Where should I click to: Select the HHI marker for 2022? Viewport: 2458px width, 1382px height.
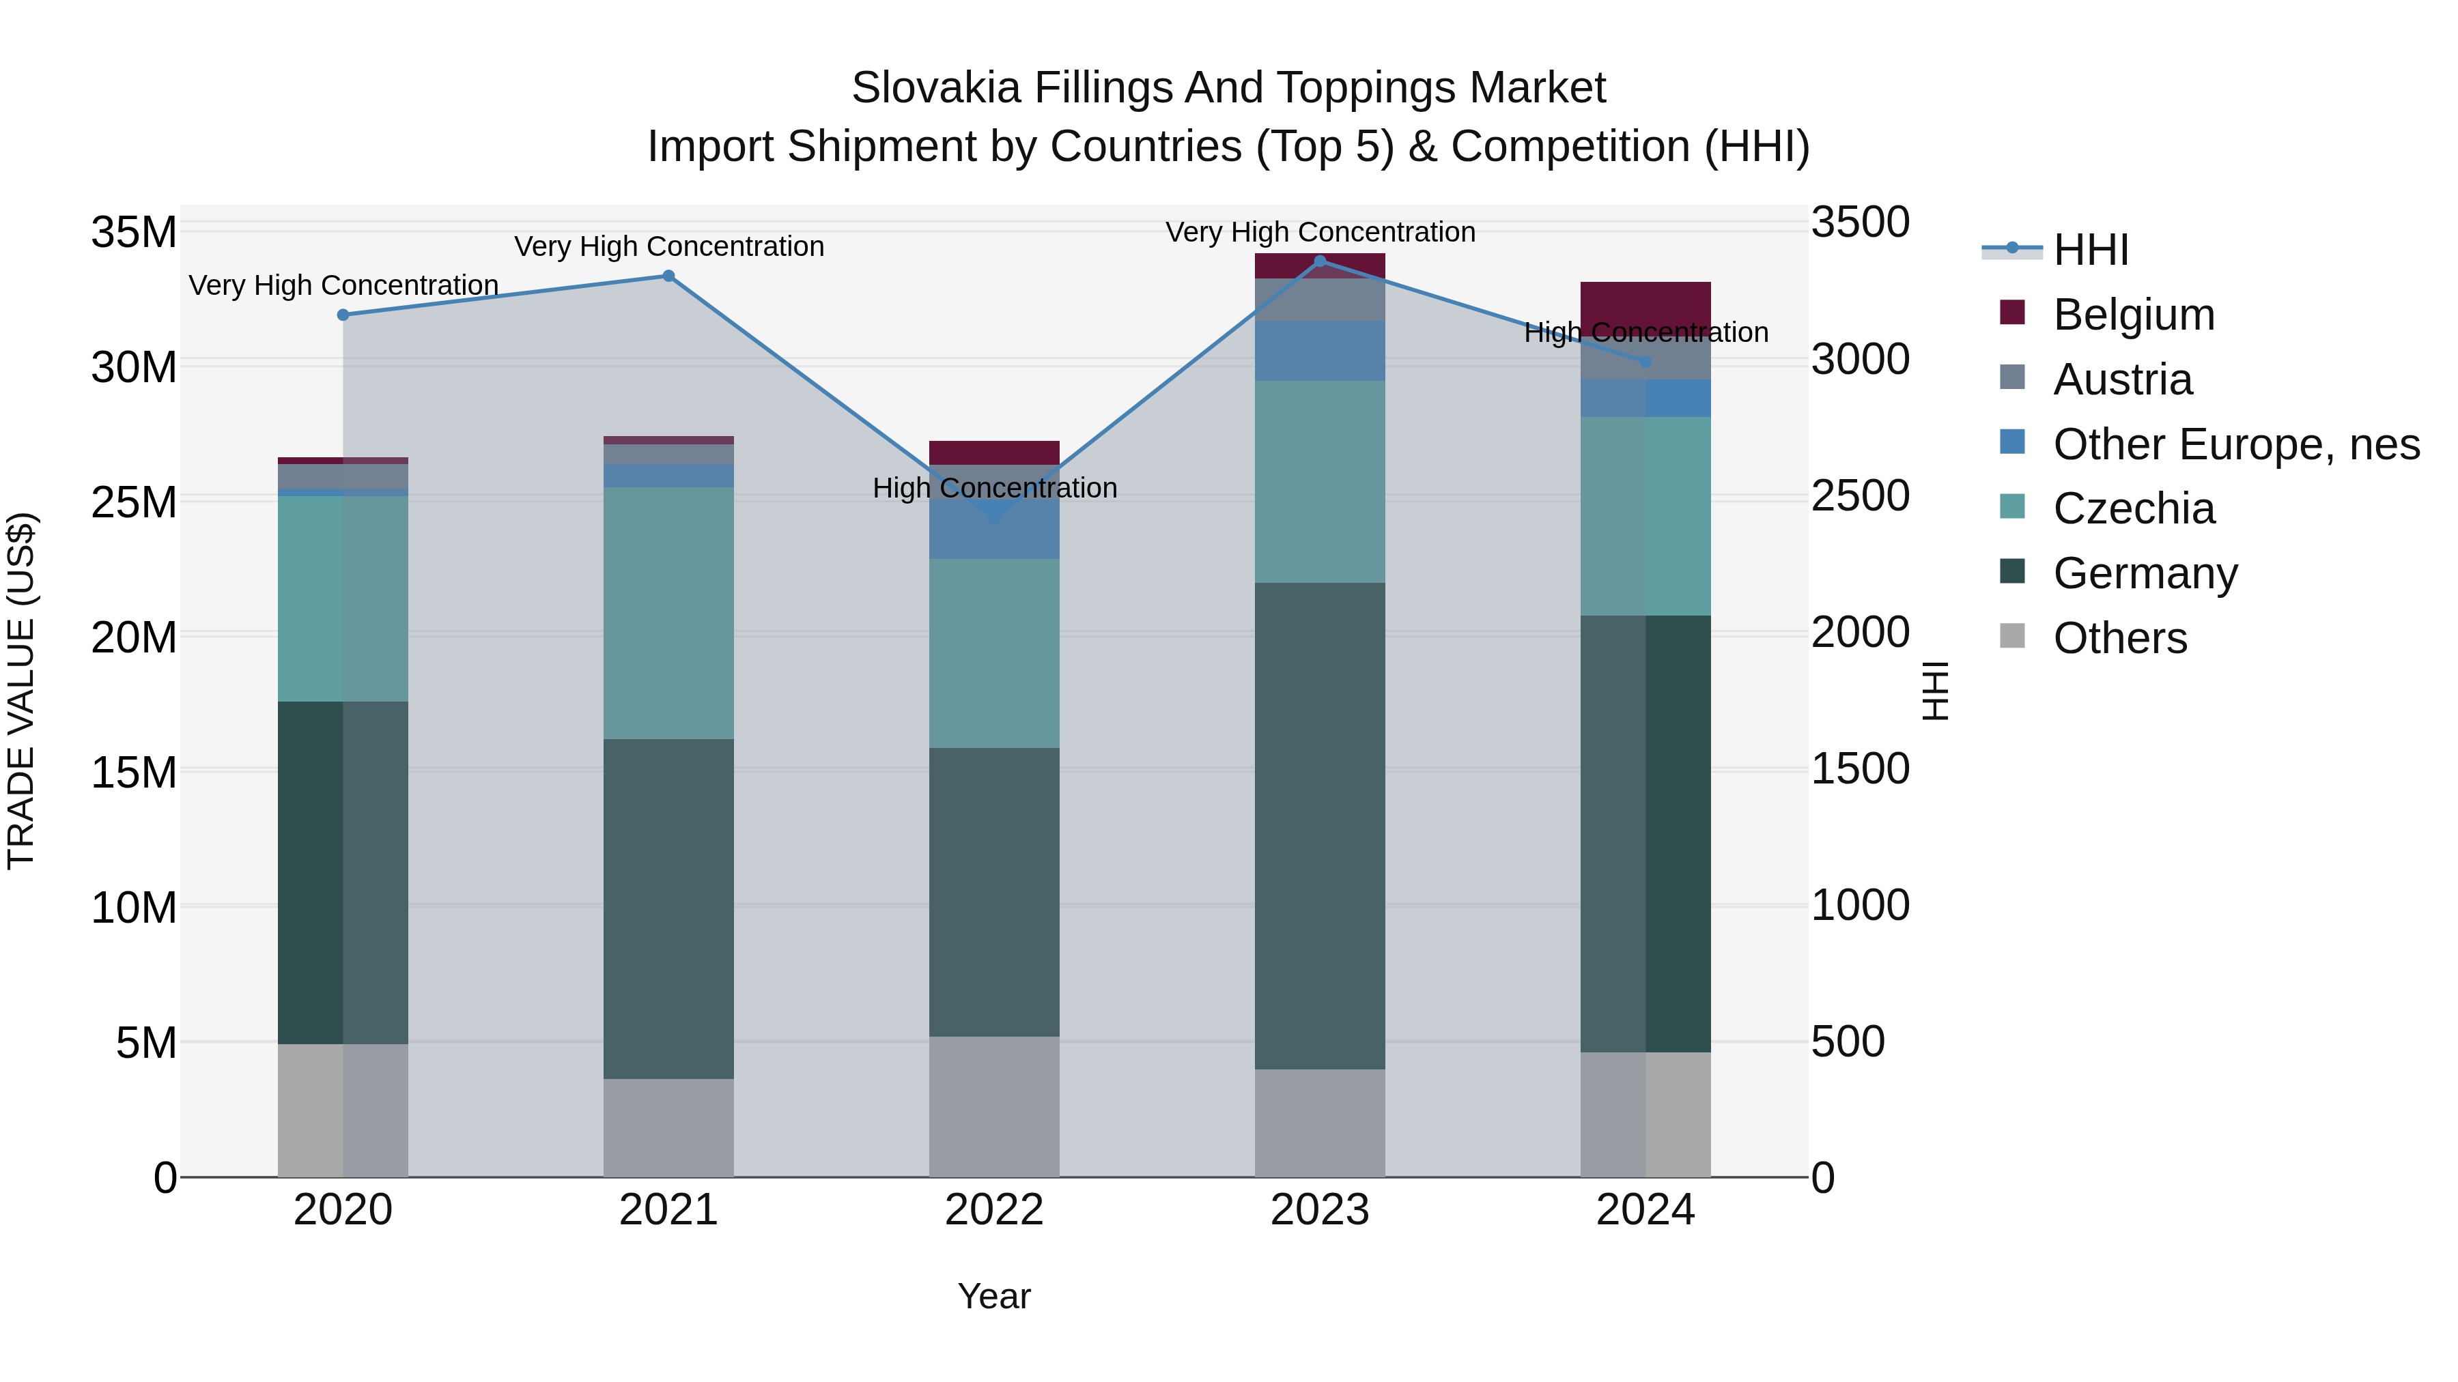[x=994, y=516]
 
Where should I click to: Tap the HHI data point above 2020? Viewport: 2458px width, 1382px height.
[x=343, y=315]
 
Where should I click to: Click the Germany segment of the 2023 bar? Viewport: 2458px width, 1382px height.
[x=1320, y=825]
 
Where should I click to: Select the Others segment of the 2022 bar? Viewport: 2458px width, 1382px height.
[x=994, y=1106]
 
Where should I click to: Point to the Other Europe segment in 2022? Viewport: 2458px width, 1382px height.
[x=994, y=534]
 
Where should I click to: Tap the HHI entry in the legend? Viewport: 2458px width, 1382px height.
[x=2090, y=250]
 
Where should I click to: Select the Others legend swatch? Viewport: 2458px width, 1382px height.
[x=2011, y=636]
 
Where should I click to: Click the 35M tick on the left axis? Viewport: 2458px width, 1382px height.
[x=134, y=233]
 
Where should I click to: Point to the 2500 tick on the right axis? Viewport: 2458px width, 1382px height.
[x=1860, y=496]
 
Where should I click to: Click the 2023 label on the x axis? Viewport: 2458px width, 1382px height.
[x=1320, y=1210]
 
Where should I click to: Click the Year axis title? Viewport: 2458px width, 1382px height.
[x=994, y=1296]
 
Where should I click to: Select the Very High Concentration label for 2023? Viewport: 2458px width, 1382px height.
[x=1320, y=233]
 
